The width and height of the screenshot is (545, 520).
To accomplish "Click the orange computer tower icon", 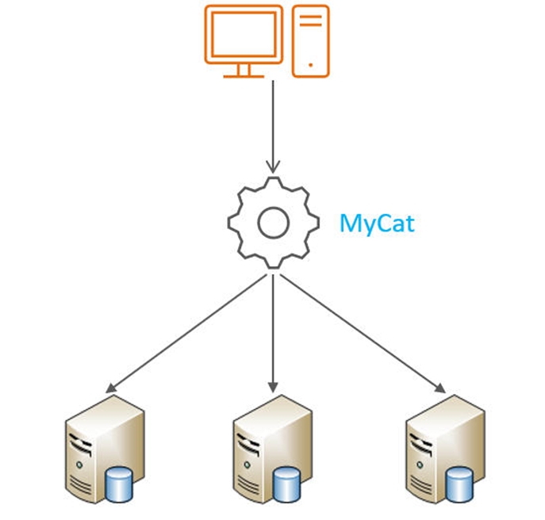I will click(x=310, y=41).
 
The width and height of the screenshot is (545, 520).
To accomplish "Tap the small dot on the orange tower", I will click(x=310, y=65).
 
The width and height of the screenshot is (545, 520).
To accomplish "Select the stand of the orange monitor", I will click(x=244, y=71).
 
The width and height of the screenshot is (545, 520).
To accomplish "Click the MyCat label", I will click(x=377, y=223).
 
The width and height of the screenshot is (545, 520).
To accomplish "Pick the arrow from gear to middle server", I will click(x=273, y=333).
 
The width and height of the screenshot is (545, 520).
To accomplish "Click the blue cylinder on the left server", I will click(x=119, y=483).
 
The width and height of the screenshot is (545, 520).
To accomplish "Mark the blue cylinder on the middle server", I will click(x=288, y=483).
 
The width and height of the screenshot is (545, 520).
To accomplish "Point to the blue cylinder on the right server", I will click(x=459, y=483).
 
